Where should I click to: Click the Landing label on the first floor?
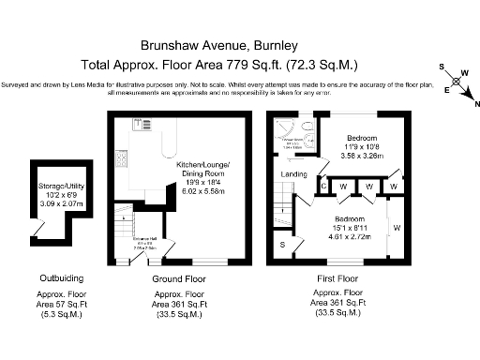click(293, 174)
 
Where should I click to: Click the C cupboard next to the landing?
click(322, 187)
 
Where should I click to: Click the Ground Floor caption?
click(179, 279)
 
